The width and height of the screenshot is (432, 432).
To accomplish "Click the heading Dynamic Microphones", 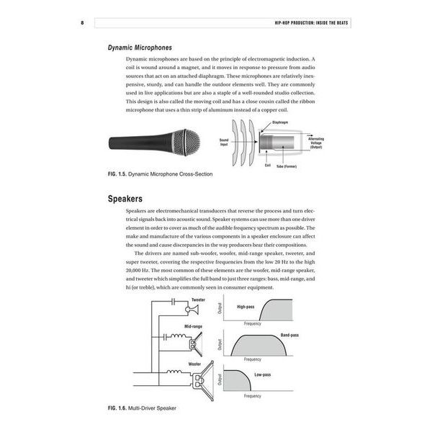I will pyautogui.click(x=140, y=48).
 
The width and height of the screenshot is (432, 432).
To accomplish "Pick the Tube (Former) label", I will pyautogui.click(x=289, y=168).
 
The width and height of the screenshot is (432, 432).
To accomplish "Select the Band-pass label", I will pyautogui.click(x=289, y=335).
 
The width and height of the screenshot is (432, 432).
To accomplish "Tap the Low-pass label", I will pyautogui.click(x=263, y=374).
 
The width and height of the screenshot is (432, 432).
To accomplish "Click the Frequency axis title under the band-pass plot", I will pyautogui.click(x=252, y=359).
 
